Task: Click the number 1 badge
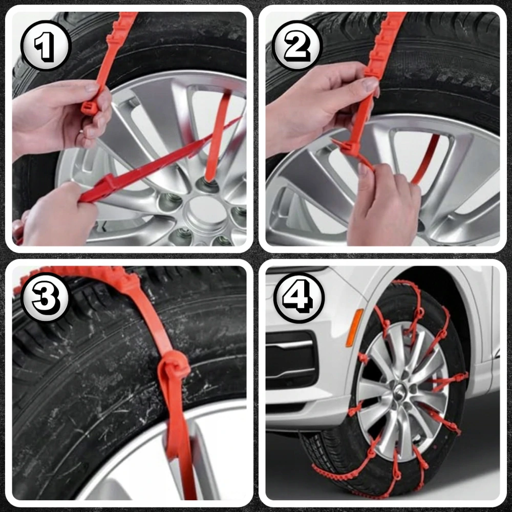46,46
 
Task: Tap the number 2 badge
297,46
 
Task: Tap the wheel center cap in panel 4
400,390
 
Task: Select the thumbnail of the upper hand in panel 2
371,85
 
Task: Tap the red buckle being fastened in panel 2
349,149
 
